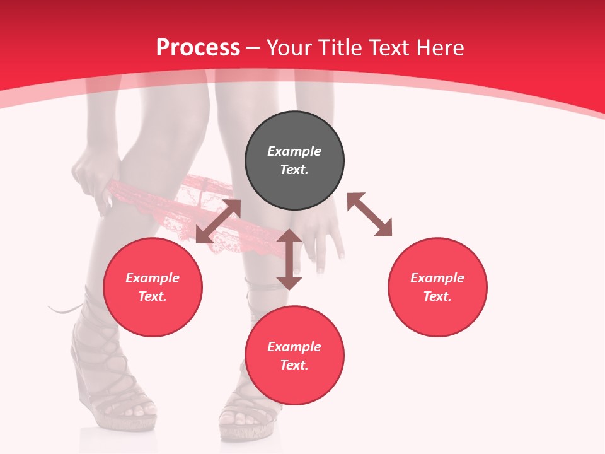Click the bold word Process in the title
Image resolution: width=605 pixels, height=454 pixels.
(x=198, y=48)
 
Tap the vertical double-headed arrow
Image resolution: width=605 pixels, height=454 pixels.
(x=289, y=259)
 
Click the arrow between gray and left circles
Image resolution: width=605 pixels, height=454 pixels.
(x=219, y=221)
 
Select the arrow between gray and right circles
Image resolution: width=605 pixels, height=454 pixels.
(x=369, y=214)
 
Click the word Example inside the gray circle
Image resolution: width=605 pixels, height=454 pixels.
(x=294, y=151)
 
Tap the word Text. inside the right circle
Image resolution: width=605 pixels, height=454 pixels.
(x=437, y=296)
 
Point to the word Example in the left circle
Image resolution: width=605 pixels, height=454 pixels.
(x=153, y=278)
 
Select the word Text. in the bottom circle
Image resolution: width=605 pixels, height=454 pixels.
(x=294, y=365)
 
